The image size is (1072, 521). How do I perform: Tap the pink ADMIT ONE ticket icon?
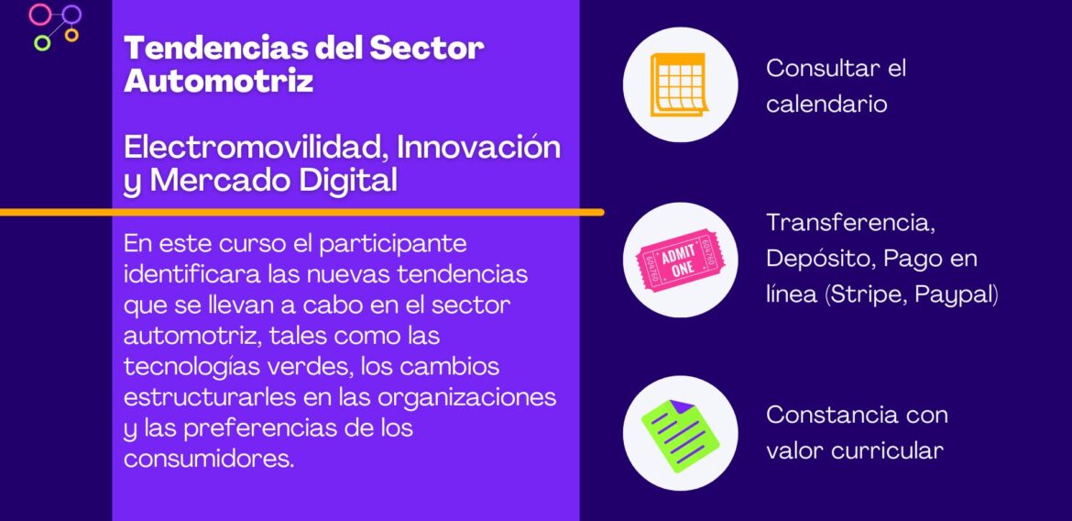pos(680,260)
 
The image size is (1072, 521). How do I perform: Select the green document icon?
pos(680,433)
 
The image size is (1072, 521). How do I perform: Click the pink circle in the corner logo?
pos(40,14)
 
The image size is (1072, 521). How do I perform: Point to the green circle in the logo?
pos(41,42)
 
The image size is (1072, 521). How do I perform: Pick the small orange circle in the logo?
pos(71,35)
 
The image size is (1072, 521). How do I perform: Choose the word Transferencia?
pos(849,222)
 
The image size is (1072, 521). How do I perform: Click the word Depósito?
pos(821,259)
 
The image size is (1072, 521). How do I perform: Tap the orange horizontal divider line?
pos(302,212)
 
